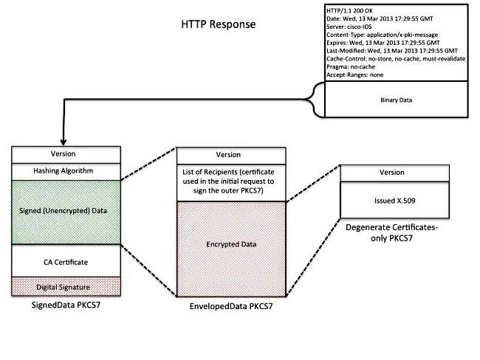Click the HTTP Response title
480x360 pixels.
(x=219, y=24)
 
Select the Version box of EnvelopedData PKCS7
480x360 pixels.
(x=228, y=155)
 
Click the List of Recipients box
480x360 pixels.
(x=228, y=181)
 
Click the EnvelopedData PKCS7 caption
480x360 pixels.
(x=229, y=304)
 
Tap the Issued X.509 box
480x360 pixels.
(x=391, y=199)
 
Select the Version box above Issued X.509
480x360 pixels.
(x=391, y=172)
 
